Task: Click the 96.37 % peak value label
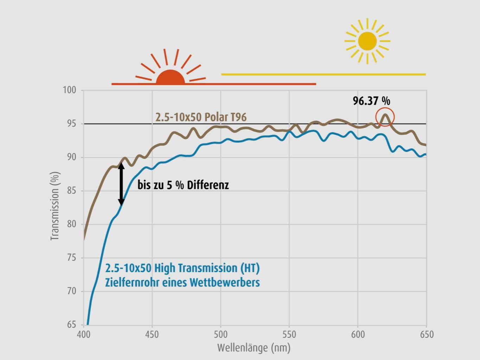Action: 371,101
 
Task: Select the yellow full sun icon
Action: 367,41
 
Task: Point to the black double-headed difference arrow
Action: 121,184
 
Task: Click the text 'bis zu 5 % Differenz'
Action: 183,185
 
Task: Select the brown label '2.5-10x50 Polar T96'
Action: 201,117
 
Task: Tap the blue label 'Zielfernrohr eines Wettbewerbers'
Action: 182,282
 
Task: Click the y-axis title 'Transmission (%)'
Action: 55,206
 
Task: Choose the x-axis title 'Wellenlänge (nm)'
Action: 254,348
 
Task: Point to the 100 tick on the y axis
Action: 69,90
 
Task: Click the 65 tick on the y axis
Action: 71,324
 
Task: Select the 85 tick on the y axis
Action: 71,191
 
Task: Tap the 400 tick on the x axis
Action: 83,334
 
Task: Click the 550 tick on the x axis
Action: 289,334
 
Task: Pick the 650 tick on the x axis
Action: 426,334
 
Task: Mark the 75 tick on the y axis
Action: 71,258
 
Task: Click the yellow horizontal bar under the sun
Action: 324,75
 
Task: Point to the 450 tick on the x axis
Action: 152,334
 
